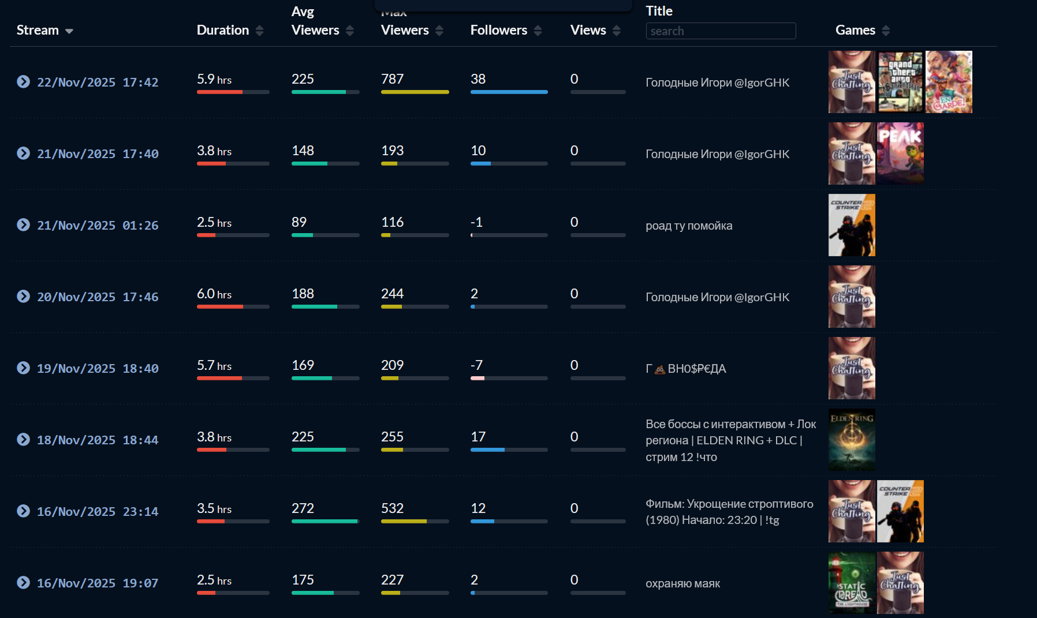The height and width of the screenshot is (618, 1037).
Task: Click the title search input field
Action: click(721, 31)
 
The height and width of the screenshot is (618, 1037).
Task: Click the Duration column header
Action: click(223, 30)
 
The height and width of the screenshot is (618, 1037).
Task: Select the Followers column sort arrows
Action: click(538, 31)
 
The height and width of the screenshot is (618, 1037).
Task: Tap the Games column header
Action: click(855, 30)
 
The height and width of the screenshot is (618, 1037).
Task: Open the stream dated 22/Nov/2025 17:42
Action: click(98, 83)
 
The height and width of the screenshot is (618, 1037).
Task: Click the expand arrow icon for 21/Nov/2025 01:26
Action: click(23, 225)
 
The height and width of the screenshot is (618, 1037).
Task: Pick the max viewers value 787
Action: click(393, 79)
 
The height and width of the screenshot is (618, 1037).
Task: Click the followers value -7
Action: click(476, 365)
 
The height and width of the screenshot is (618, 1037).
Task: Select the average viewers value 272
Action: click(303, 508)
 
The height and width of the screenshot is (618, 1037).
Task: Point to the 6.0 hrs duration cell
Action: click(214, 294)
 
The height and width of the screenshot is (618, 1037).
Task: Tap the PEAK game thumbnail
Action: click(900, 153)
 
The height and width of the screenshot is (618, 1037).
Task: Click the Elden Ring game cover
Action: click(852, 440)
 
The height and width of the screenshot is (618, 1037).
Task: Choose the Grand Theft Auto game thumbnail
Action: click(900, 82)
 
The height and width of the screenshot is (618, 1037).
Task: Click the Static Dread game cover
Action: click(852, 583)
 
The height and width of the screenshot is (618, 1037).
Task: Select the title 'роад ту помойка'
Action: click(689, 226)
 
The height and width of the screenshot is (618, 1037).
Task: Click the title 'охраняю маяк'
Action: click(682, 583)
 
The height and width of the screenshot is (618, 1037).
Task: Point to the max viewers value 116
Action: click(393, 222)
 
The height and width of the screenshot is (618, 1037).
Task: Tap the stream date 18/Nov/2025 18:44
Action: click(98, 440)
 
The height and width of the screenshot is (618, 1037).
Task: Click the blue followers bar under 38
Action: click(509, 92)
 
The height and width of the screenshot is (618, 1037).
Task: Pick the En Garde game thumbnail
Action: click(949, 82)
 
